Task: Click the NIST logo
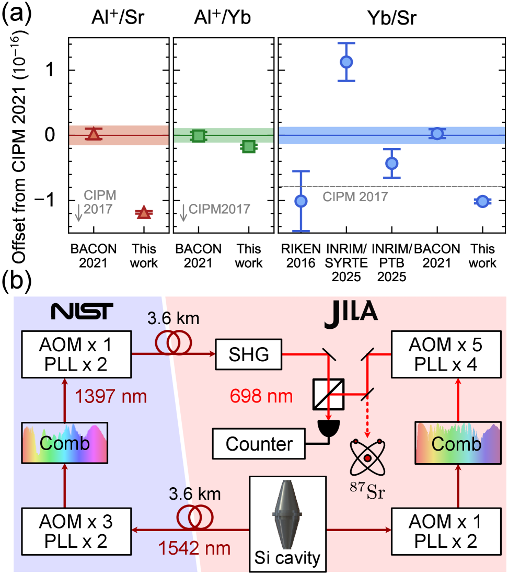pos(82,312)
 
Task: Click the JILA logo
pos(351,315)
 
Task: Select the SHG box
pos(249,355)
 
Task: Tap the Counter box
pos(259,444)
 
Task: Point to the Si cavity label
pos(287,558)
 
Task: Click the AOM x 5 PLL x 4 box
pos(446,354)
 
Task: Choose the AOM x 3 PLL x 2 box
pos(76,531)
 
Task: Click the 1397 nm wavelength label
pos(110,396)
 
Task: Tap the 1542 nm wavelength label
pos(194,548)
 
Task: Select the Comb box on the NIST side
pos(65,443)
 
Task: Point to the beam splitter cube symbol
pos(328,394)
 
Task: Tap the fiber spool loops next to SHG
pos(173,342)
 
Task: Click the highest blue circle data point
pos(346,62)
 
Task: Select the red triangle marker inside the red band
pos(94,134)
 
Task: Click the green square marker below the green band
pos(249,146)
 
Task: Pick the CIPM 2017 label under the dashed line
pos(355,197)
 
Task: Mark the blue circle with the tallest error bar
pos(301,201)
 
